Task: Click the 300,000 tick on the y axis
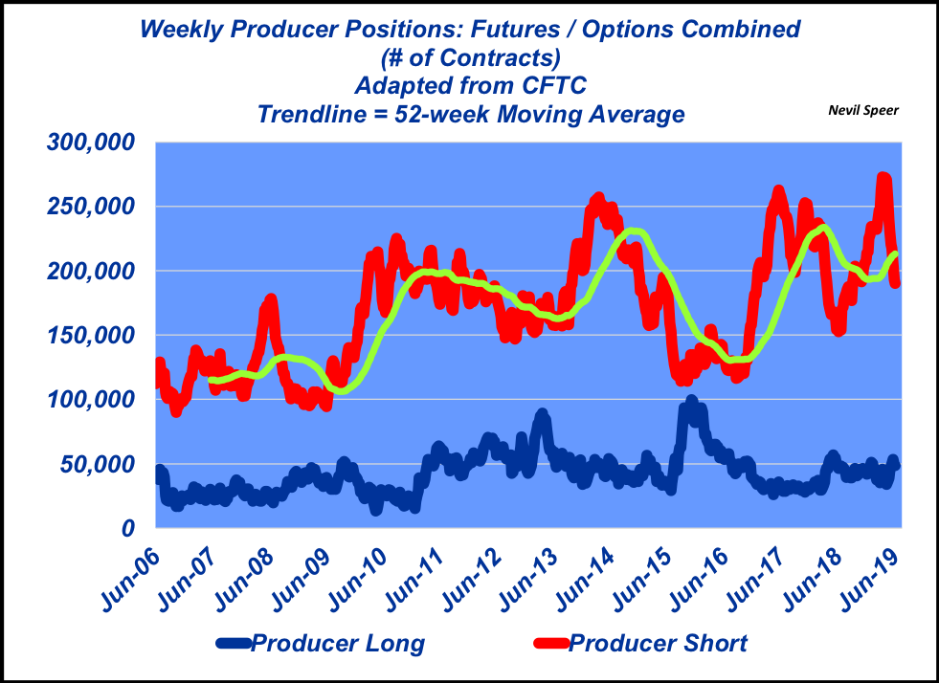(x=91, y=143)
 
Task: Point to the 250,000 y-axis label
(x=91, y=207)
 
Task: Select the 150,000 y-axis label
(x=91, y=336)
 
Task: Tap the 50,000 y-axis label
(x=101, y=465)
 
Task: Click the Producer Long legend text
(x=338, y=643)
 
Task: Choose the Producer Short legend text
(x=659, y=643)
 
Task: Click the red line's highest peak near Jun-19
(x=883, y=178)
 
